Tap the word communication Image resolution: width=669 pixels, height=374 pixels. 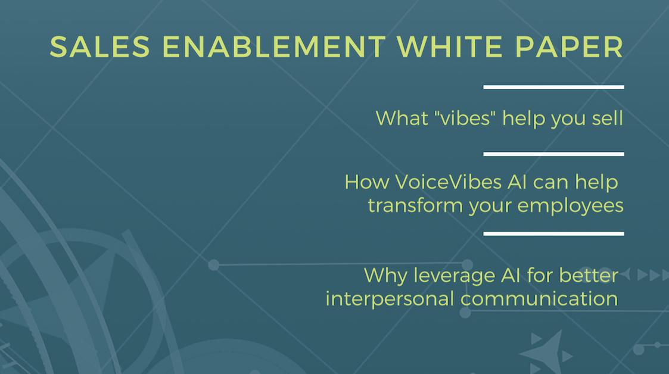[x=539, y=298]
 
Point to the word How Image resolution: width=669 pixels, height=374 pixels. [x=365, y=182]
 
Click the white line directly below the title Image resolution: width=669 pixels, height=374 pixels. [x=553, y=87]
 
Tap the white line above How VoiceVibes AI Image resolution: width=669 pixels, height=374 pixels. [x=553, y=154]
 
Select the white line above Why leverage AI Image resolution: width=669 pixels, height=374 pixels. [x=553, y=233]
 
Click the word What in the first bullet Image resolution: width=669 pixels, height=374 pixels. [x=402, y=118]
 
